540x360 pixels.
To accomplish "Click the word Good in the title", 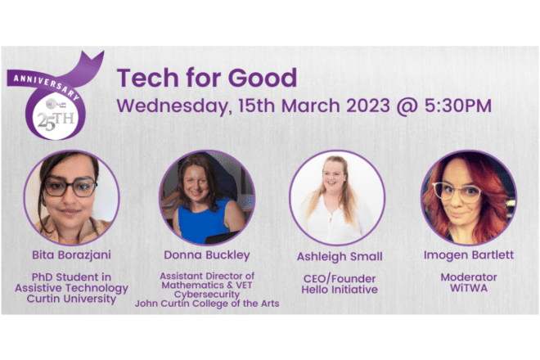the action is click(x=263, y=77).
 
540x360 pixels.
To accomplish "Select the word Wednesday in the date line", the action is click(x=172, y=106).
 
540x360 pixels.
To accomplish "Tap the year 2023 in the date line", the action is click(x=368, y=105).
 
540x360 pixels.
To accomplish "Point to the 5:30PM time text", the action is click(x=457, y=105).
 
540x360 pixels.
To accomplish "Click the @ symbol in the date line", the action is click(x=407, y=106).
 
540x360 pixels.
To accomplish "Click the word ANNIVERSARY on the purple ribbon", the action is click(x=47, y=88).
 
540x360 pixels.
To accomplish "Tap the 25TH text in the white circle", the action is click(x=56, y=121).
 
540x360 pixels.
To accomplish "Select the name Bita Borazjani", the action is click(x=72, y=255).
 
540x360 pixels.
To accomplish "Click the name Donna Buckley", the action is click(x=207, y=255).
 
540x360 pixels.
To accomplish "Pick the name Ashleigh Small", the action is click(x=340, y=257).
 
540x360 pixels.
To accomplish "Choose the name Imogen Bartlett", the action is click(x=468, y=255).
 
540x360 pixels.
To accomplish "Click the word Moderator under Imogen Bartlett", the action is click(x=469, y=277).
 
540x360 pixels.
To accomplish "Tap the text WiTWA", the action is click(x=469, y=288).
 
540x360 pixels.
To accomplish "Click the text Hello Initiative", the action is click(x=340, y=290).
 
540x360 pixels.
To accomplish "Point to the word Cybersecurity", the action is click(x=207, y=295).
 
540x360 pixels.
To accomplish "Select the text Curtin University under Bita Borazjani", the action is click(x=72, y=299).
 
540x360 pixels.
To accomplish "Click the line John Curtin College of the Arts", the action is click(x=207, y=304).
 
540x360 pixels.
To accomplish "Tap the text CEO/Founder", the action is click(x=340, y=278).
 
